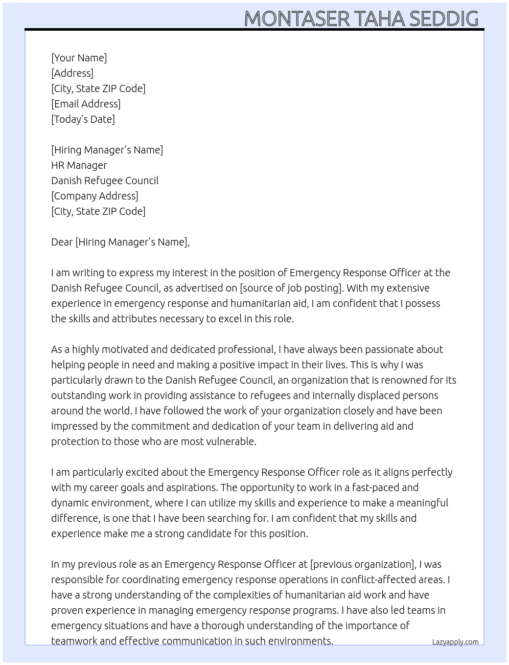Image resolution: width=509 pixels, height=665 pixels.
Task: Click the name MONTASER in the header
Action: pyautogui.click(x=296, y=19)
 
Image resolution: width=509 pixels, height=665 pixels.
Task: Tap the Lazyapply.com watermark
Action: pyautogui.click(x=455, y=642)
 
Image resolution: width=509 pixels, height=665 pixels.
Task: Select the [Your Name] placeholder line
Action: pyautogui.click(x=79, y=58)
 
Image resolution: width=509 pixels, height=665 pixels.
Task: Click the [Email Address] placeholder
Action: pyautogui.click(x=86, y=104)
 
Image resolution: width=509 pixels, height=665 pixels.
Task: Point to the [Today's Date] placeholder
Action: pyautogui.click(x=83, y=119)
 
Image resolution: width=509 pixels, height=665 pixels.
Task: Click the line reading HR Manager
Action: pyautogui.click(x=79, y=165)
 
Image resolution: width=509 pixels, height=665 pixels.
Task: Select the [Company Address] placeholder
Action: pyautogui.click(x=95, y=196)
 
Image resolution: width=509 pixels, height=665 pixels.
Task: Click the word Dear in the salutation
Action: pyautogui.click(x=62, y=242)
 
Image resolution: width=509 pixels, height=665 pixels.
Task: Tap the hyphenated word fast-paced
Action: pyautogui.click(x=371, y=487)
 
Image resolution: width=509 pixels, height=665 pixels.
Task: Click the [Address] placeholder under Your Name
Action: pyautogui.click(x=72, y=73)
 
